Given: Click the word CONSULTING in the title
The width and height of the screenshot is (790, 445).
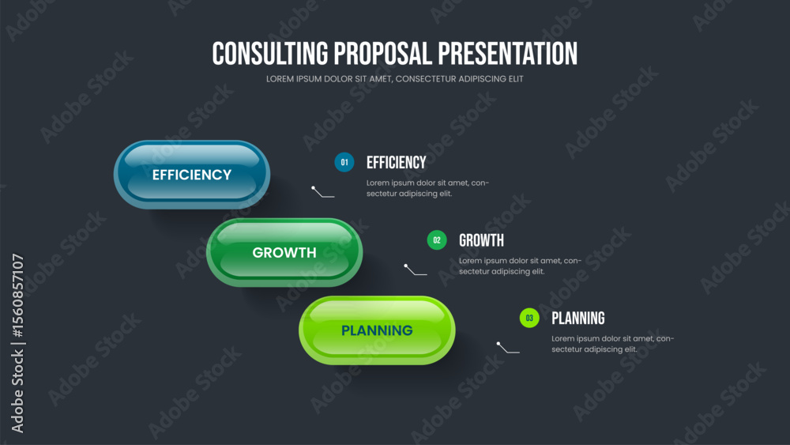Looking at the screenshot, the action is point(269,54).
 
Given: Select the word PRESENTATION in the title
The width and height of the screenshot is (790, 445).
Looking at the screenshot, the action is point(508,54).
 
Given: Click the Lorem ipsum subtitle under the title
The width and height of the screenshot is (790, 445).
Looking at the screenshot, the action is point(394,79).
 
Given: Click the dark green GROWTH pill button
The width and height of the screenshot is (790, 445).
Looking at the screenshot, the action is point(284,252).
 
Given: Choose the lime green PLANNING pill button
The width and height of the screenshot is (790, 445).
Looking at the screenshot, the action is point(377,330).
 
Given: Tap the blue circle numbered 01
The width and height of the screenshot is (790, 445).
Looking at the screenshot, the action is point(344,162).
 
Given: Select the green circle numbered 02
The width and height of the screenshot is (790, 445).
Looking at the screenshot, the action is point(437,240).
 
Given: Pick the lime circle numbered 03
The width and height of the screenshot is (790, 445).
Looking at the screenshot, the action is point(529,318).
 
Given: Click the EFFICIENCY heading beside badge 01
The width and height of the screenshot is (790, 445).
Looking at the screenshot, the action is point(396,163).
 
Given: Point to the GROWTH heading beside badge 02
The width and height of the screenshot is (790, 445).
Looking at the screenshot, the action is point(481,241).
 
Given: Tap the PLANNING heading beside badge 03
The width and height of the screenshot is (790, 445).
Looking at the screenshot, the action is point(578,319).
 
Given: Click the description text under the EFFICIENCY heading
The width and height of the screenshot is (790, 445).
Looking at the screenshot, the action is point(427,188).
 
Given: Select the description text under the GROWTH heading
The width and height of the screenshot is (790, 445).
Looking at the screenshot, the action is point(520,266).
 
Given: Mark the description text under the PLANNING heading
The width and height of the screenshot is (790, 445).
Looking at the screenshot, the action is point(613,344).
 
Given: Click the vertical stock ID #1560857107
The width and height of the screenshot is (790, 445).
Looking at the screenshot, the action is point(18,296).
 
